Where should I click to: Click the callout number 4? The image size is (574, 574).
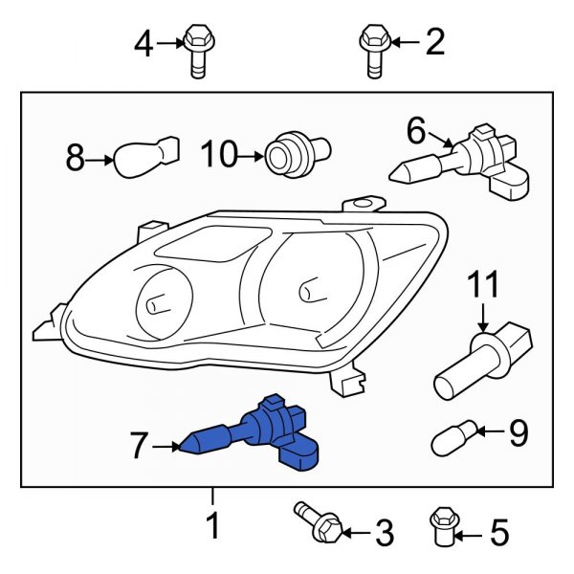click(143, 43)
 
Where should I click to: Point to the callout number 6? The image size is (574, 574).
click(415, 128)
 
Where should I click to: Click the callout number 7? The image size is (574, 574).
click(140, 444)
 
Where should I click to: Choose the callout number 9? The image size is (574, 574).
click(518, 434)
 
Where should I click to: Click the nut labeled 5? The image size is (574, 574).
click(442, 522)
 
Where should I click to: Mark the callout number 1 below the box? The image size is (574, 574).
click(213, 525)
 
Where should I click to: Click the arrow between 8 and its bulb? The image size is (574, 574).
click(100, 159)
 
